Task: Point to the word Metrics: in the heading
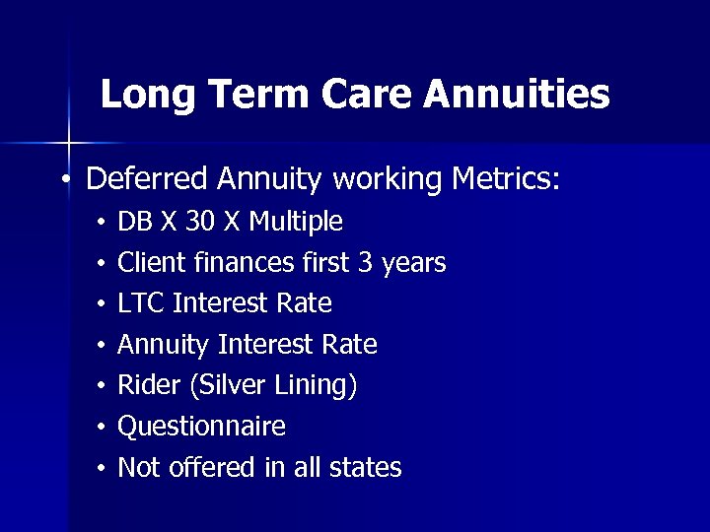click(x=505, y=178)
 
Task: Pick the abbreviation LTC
click(x=140, y=303)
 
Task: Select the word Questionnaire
click(x=201, y=427)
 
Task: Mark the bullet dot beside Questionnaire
click(x=101, y=428)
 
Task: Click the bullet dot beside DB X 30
click(x=101, y=223)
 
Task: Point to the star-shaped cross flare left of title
click(x=69, y=144)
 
